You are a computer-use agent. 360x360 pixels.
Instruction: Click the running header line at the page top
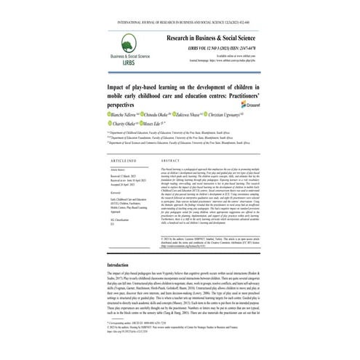coord(180,8)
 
